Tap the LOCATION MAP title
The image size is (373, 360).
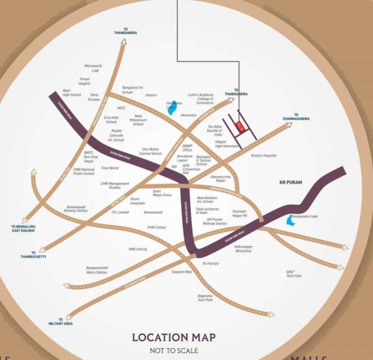173,338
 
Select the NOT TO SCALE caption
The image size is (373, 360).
173,350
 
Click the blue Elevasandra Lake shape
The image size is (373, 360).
289,221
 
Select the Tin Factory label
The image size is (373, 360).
211,264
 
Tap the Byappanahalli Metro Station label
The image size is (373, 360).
96,270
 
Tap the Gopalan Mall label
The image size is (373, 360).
182,272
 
